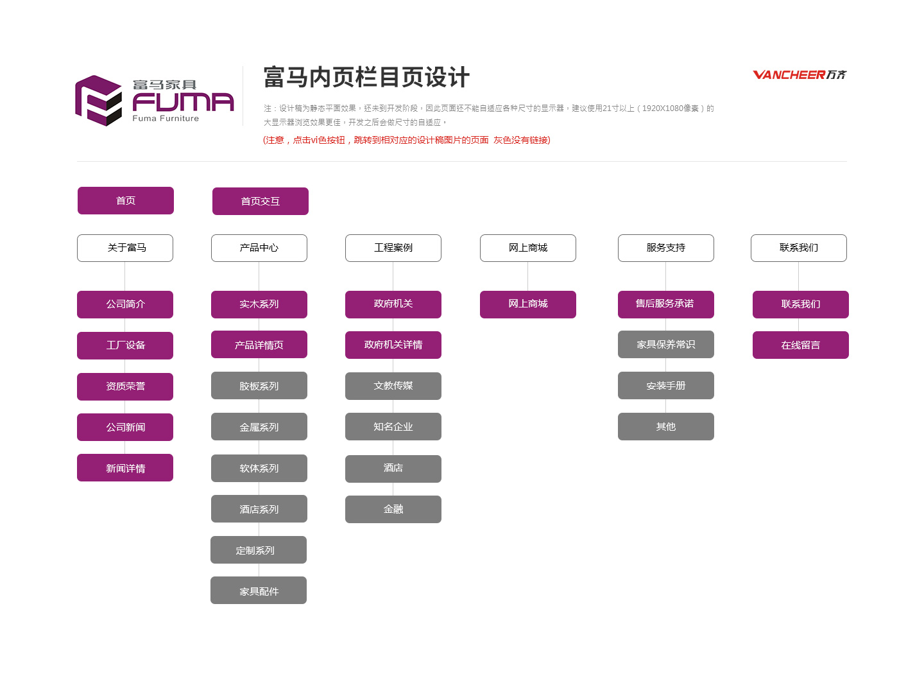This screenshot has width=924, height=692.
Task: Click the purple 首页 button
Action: pyautogui.click(x=125, y=200)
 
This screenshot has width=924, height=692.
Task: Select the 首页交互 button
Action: pyautogui.click(x=260, y=201)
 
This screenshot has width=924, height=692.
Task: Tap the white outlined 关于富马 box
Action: pyautogui.click(x=125, y=248)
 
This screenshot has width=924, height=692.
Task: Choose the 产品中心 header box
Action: pyautogui.click(x=259, y=248)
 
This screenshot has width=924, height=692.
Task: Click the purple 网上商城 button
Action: pyautogui.click(x=528, y=304)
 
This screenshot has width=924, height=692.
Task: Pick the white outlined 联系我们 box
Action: pyautogui.click(x=799, y=248)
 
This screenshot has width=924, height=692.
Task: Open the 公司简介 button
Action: pyautogui.click(x=125, y=304)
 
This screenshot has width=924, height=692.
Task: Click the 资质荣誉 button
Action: pyautogui.click(x=125, y=386)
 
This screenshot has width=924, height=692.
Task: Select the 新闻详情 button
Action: pyautogui.click(x=125, y=468)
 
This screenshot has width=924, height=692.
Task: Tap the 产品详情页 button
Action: pyautogui.click(x=259, y=345)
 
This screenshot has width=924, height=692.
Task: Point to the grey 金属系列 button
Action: pyautogui.click(x=259, y=427)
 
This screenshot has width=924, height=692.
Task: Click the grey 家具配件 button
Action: pyautogui.click(x=259, y=590)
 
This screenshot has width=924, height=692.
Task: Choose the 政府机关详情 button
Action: pyautogui.click(x=393, y=345)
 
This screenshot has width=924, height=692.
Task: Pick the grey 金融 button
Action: pyautogui.click(x=393, y=509)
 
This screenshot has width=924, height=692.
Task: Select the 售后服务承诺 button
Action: pyautogui.click(x=665, y=304)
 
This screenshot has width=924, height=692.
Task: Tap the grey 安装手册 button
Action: pyautogui.click(x=665, y=386)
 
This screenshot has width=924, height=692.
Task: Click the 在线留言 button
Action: pyautogui.click(x=800, y=345)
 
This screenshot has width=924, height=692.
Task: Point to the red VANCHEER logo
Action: pyautogui.click(x=800, y=75)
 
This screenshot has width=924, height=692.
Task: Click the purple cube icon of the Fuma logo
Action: pyautogui.click(x=99, y=101)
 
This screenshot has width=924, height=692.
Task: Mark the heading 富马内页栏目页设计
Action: pyautogui.click(x=366, y=77)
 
